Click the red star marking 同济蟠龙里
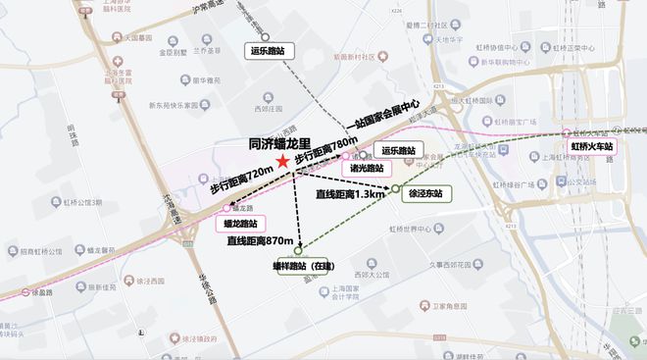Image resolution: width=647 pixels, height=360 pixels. click(283, 160)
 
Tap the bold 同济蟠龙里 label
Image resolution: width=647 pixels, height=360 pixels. click(281, 142)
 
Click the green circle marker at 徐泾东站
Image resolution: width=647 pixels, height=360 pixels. click(395, 187)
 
